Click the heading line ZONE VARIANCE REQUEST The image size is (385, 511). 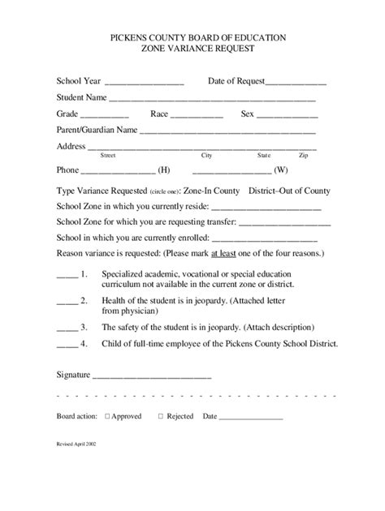(x=192, y=49)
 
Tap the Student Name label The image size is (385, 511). (x=81, y=98)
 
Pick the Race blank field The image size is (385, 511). (x=197, y=115)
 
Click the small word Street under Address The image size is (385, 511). (x=107, y=155)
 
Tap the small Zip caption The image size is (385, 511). (x=303, y=155)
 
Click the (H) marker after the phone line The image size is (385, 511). (x=164, y=170)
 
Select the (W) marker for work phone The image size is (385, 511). (x=281, y=170)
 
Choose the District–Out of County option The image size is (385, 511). (x=289, y=191)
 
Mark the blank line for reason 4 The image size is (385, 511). (x=67, y=343)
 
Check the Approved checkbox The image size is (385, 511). (x=107, y=416)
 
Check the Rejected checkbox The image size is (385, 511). (x=160, y=416)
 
